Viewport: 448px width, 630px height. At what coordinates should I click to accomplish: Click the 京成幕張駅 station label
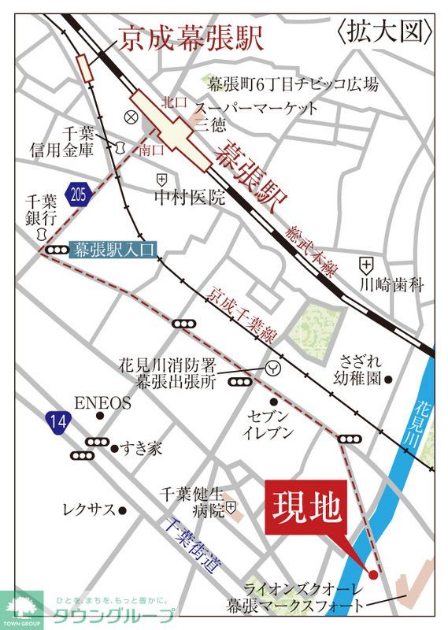pos(191,40)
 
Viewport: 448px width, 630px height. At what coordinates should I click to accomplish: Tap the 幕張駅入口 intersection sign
pos(114,250)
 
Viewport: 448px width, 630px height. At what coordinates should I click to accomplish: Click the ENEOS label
pos(103,402)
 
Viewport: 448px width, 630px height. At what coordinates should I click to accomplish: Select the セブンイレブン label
pos(268,424)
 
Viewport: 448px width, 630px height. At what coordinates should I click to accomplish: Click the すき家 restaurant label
pos(143,449)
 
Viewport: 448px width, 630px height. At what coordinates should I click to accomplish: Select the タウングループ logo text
pos(113,616)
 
